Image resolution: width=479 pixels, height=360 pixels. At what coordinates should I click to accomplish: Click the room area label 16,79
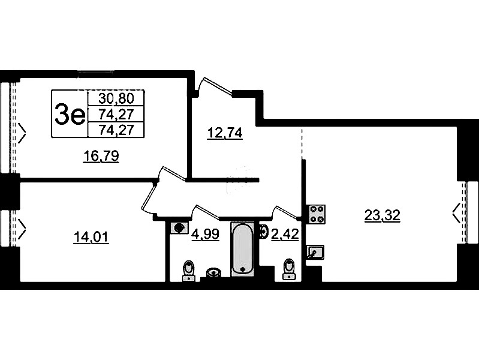point(101,156)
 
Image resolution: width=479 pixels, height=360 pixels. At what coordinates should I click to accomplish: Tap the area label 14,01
point(91,237)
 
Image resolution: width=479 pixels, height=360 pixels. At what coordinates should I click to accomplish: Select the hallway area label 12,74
point(225,133)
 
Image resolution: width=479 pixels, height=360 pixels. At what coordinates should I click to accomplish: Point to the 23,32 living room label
point(382,215)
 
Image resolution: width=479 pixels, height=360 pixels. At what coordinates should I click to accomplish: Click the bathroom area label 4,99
point(205,235)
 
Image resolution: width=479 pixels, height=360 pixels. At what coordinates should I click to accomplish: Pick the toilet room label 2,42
point(285,235)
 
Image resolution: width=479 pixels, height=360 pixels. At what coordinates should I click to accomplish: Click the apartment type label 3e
point(70,114)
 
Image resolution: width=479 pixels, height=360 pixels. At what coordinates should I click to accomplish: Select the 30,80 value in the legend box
point(116,98)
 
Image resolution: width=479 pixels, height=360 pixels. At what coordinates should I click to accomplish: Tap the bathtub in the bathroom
point(243,248)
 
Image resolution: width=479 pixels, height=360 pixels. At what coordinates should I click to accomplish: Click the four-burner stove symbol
point(317,214)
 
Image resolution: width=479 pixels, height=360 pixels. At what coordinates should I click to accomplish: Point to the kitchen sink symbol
point(315,253)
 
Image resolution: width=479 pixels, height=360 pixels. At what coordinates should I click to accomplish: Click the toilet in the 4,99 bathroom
point(188,271)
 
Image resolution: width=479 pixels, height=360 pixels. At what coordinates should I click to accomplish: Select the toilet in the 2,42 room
point(290,269)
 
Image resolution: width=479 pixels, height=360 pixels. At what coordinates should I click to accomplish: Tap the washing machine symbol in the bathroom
point(179,228)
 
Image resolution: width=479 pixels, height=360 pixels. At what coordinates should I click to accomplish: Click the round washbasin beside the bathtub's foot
point(213,272)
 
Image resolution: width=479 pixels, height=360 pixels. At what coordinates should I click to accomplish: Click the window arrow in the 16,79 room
point(22,133)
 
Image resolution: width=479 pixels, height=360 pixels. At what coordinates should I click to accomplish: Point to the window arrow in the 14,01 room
point(22,229)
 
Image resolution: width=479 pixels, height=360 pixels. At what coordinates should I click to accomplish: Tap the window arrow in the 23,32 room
point(456,213)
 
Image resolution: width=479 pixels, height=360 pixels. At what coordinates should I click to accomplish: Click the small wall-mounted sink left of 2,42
point(263,231)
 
